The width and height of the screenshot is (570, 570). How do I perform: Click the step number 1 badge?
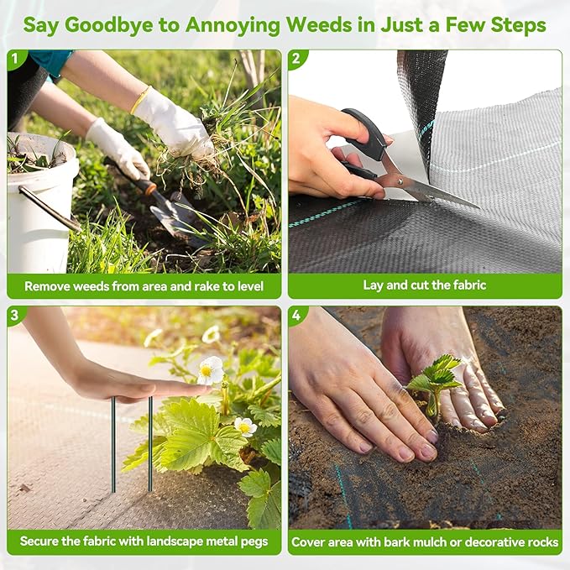(14, 58)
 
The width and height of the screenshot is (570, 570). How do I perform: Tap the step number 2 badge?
(295, 58)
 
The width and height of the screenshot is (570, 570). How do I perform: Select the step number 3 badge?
(14, 315)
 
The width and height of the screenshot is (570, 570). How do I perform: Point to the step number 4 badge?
(295, 315)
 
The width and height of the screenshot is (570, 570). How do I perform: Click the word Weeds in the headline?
(319, 25)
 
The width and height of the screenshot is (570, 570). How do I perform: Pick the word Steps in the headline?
(518, 26)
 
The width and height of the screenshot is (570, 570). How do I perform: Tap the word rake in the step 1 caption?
(207, 286)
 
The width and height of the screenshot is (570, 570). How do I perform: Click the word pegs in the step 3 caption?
(254, 542)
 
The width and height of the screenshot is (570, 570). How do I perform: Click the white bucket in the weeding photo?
(40, 203)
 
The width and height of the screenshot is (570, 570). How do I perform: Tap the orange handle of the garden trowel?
(144, 185)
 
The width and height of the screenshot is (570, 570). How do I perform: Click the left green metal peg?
(113, 445)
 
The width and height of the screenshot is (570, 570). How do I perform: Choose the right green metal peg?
(150, 443)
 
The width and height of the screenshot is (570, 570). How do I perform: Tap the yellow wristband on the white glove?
(139, 101)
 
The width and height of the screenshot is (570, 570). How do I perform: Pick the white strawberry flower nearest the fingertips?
(210, 370)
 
